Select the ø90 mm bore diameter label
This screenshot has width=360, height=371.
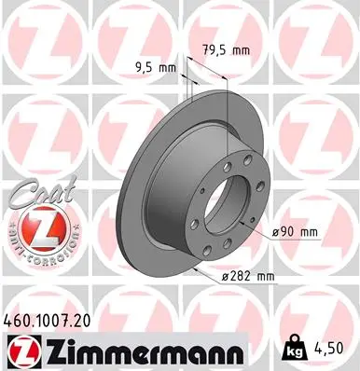pyautogui.click(x=297, y=230)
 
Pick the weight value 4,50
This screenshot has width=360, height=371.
pyautogui.click(x=331, y=348)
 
